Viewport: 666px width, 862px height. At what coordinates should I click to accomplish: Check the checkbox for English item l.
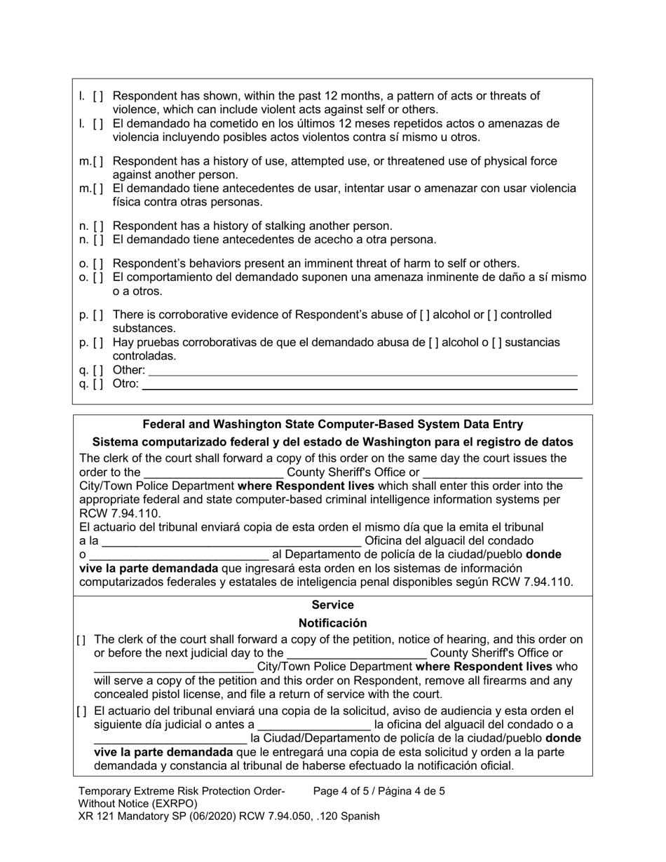click(x=98, y=96)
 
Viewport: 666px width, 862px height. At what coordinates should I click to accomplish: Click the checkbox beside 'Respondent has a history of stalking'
click(x=98, y=226)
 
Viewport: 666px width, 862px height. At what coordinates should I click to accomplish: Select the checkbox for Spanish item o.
click(x=98, y=278)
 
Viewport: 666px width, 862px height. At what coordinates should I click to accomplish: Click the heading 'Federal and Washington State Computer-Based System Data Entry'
click(x=332, y=425)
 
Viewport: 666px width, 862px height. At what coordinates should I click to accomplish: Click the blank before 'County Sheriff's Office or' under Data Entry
click(x=212, y=472)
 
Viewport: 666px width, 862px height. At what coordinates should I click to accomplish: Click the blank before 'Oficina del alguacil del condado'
click(x=231, y=541)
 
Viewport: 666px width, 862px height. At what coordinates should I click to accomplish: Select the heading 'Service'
click(x=332, y=605)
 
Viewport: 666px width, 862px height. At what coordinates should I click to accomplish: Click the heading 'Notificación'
click(x=332, y=623)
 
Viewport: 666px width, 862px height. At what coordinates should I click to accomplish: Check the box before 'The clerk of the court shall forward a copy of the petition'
click(x=82, y=640)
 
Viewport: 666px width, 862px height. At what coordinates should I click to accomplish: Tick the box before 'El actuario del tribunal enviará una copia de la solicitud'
click(x=82, y=711)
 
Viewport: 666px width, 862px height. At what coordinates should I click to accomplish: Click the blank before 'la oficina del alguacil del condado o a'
click(x=314, y=725)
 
